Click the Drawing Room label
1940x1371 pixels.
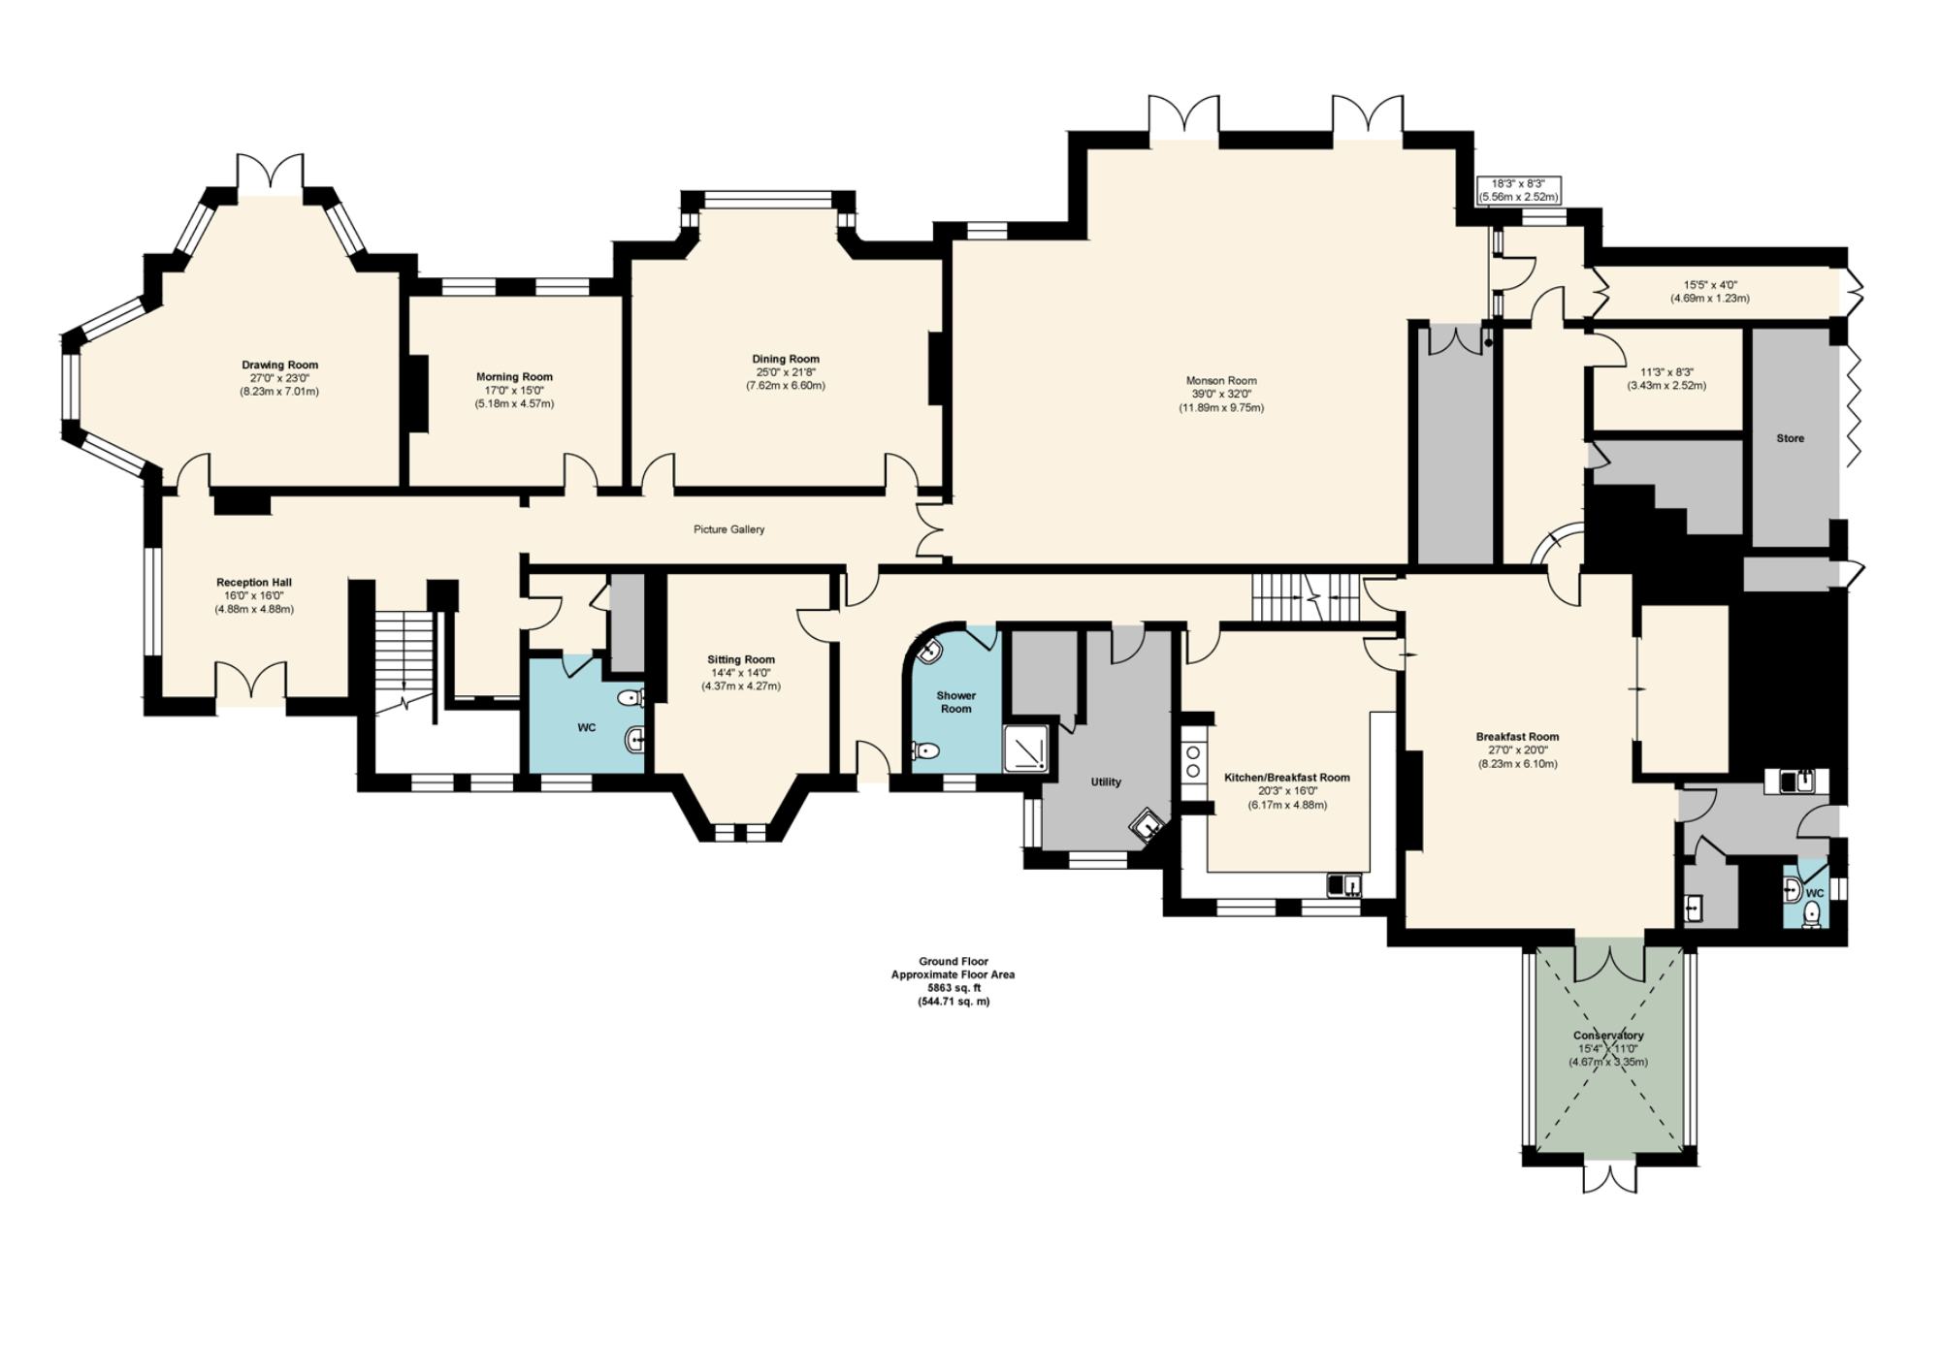[x=279, y=366]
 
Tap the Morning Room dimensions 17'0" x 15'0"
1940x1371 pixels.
[x=514, y=391]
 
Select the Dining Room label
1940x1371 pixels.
[x=785, y=359]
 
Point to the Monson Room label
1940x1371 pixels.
[x=1220, y=381]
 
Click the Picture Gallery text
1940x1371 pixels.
[x=728, y=529]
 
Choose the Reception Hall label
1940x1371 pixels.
[x=254, y=583]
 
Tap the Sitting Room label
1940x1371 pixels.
[x=740, y=659]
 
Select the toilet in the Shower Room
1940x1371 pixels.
[x=926, y=750]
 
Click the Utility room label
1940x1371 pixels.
[x=1106, y=781]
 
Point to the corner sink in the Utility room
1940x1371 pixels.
[x=1148, y=825]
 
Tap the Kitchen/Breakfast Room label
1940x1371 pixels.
[x=1286, y=778]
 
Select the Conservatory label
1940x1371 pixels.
[x=1607, y=1036]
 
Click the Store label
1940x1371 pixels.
[x=1790, y=438]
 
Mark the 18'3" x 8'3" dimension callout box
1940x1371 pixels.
[x=1517, y=190]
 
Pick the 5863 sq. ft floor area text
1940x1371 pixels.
[x=953, y=988]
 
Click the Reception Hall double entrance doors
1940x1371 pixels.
[x=251, y=683]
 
